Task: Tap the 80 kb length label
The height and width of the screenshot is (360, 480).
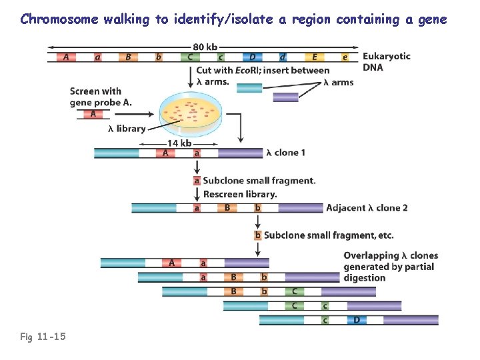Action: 205,46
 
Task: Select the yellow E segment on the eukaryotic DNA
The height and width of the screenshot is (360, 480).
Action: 315,57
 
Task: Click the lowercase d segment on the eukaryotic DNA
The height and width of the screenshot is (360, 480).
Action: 283,57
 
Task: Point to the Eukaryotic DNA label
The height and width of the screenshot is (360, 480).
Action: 386,62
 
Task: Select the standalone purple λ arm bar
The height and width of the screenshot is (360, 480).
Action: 285,97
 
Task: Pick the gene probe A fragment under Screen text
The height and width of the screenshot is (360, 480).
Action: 93,114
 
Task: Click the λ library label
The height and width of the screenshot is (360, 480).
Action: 126,129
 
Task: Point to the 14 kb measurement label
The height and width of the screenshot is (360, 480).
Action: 179,143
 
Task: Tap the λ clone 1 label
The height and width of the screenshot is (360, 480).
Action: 286,153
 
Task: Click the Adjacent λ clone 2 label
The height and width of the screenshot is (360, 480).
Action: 367,208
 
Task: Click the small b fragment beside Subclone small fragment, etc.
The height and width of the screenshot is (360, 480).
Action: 258,235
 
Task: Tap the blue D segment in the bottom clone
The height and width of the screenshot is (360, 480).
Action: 356,320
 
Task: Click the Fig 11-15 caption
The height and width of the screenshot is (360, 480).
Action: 43,337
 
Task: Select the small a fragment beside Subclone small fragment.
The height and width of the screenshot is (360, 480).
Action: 197,181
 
